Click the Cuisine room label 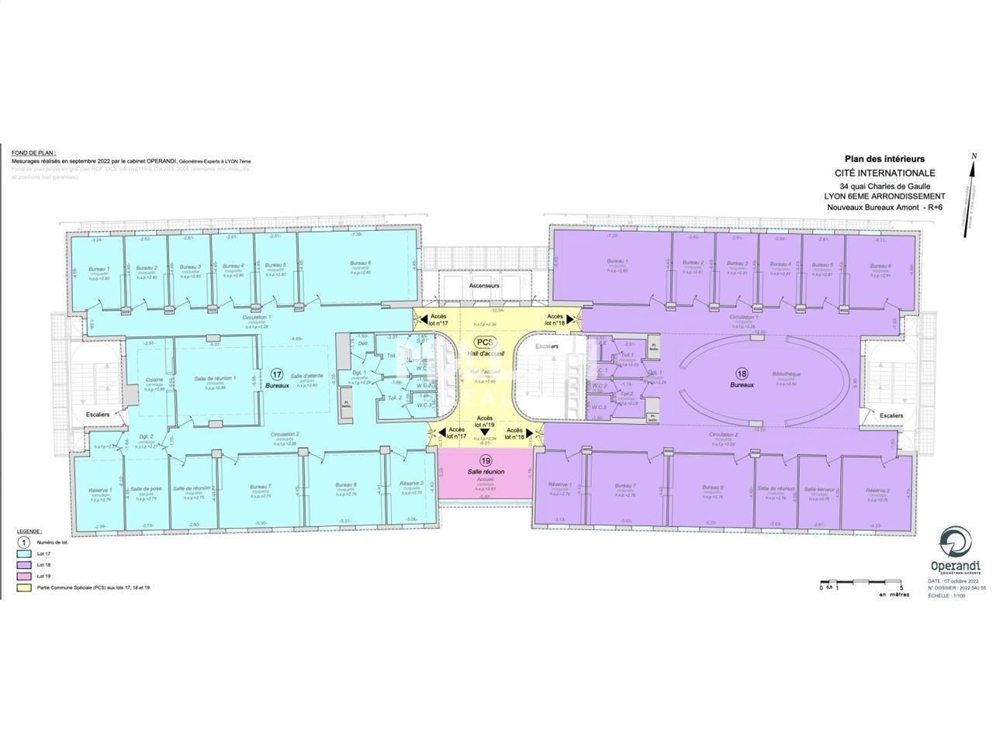pos(153,379)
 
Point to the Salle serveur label pos(819,489)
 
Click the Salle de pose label pos(146,489)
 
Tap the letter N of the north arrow pos(973,157)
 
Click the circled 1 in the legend pos(23,542)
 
